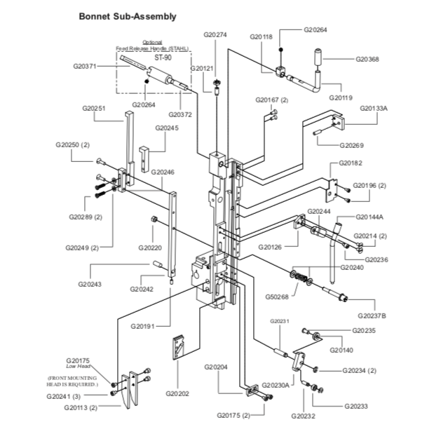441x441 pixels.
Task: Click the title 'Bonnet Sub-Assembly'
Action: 127,15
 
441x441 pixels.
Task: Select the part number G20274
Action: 215,34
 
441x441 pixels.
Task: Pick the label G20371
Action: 85,65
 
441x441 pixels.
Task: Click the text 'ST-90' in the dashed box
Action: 163,57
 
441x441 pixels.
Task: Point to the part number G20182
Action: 350,163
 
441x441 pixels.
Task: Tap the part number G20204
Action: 217,367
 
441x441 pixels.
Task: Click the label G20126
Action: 270,247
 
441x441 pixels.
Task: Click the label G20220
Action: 150,247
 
